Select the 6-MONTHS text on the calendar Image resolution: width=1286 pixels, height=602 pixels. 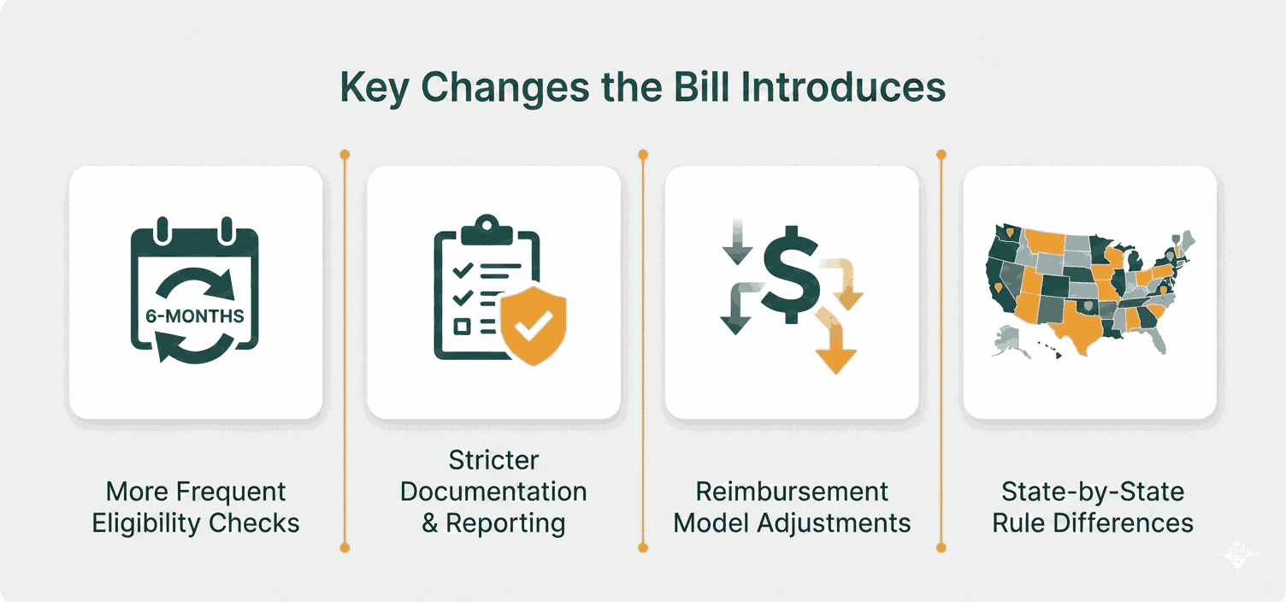click(194, 316)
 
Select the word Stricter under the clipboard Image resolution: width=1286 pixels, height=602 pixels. click(493, 461)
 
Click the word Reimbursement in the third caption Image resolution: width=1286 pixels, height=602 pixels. click(792, 492)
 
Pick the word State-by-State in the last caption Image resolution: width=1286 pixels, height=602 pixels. click(1093, 492)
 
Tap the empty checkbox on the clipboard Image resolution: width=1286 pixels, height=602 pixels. click(462, 326)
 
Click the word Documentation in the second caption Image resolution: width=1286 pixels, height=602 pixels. click(493, 492)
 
